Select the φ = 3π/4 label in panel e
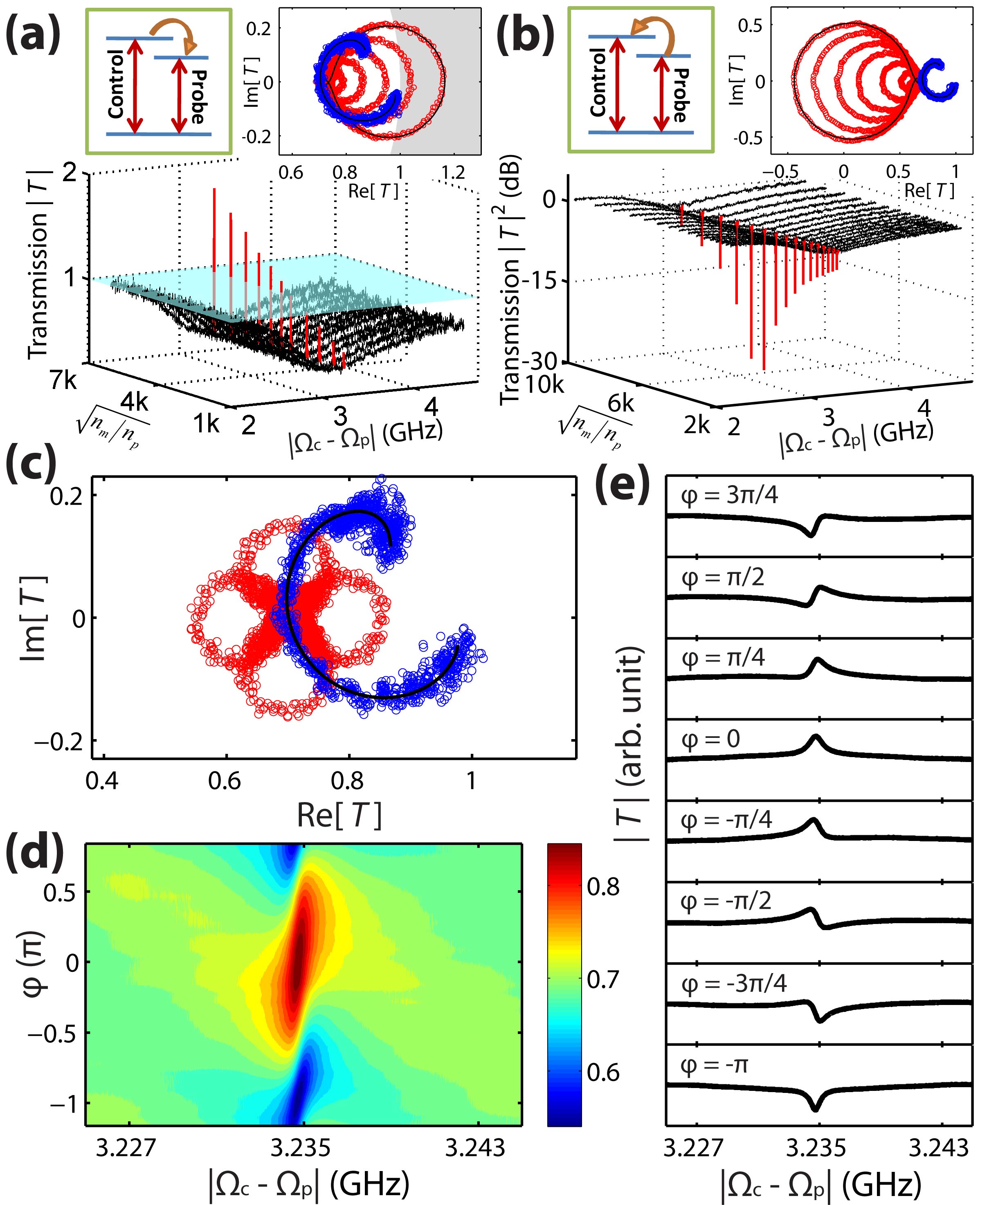729,495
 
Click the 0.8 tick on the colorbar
604,886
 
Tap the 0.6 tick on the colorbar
604,1072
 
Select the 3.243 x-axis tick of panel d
476,1147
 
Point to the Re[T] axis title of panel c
339,815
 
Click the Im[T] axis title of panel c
33,617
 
